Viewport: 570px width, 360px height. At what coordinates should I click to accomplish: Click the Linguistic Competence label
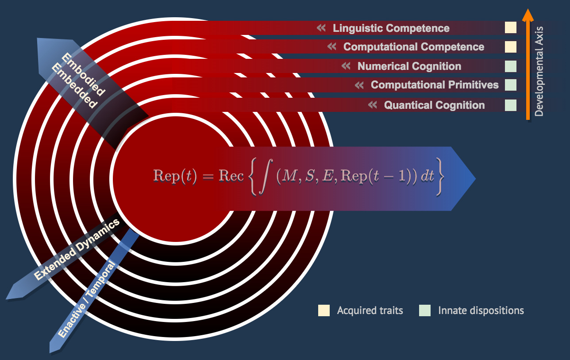[x=391, y=28]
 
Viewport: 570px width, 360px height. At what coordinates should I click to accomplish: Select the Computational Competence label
[x=414, y=47]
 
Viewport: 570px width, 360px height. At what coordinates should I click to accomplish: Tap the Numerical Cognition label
[x=409, y=66]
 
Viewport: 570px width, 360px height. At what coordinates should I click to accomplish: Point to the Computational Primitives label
[x=435, y=85]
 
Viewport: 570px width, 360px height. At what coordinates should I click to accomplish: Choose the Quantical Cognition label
[x=434, y=105]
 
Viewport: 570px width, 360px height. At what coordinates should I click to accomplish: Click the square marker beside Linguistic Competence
[x=511, y=28]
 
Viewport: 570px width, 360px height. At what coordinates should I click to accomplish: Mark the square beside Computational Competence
[x=511, y=46]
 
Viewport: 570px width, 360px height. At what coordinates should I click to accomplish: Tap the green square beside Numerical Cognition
[x=511, y=66]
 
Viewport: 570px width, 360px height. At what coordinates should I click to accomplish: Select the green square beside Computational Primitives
[x=511, y=84]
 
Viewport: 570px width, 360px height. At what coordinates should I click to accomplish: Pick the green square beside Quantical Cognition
[x=511, y=105]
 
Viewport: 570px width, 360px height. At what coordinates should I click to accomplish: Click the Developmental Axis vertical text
[x=539, y=71]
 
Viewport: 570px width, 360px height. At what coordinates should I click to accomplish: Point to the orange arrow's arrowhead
[x=527, y=14]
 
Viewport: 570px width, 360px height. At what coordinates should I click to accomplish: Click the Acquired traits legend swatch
[x=324, y=310]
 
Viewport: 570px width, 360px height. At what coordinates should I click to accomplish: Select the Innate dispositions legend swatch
[x=425, y=310]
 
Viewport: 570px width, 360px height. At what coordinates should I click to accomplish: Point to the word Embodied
[x=83, y=75]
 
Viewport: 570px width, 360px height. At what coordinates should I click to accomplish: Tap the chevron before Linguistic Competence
[x=321, y=28]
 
